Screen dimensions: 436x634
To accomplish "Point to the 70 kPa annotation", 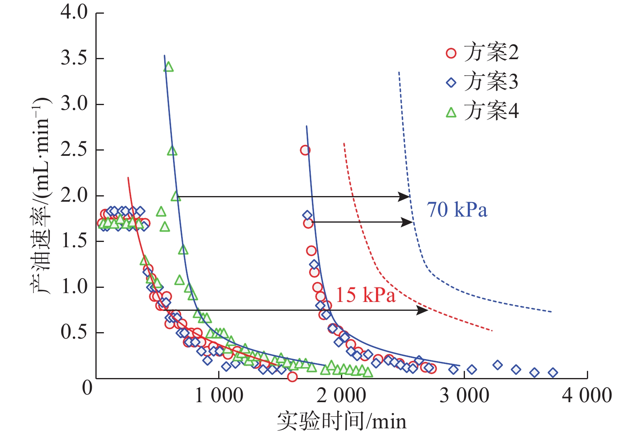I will coord(457,210).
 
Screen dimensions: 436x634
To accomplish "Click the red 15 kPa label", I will coord(366,295).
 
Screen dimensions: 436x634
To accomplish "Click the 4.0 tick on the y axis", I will coord(74,12).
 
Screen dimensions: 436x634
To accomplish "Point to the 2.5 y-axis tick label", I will coord(74,150).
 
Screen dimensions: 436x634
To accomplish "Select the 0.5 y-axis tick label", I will coord(74,333).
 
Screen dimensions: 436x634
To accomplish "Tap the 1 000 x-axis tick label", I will coord(219,395).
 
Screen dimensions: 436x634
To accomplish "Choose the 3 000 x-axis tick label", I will coord(464,395).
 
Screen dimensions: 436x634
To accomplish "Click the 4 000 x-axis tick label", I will coord(587,395).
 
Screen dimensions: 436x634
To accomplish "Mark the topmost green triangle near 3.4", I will coord(169,67).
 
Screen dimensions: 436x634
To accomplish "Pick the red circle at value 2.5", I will coord(305,150).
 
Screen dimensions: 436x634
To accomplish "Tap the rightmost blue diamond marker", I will coord(553,373).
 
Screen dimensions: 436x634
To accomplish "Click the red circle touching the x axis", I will coord(292,377).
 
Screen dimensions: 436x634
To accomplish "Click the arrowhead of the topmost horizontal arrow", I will coord(405,196).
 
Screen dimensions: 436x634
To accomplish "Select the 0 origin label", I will coord(87,388).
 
